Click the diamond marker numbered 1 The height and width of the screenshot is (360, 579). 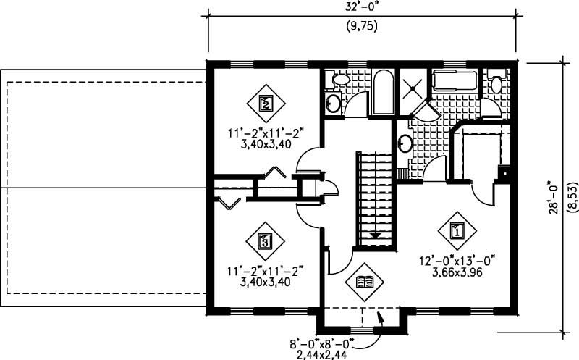point(457,231)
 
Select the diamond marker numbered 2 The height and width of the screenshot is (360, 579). point(266,104)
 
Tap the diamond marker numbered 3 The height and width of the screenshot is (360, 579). point(265,240)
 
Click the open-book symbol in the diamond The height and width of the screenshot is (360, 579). point(367,282)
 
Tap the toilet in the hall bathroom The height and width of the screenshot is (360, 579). point(337,80)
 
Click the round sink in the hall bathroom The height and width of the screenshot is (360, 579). point(334,103)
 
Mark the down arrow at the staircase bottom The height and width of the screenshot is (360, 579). point(375,235)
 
